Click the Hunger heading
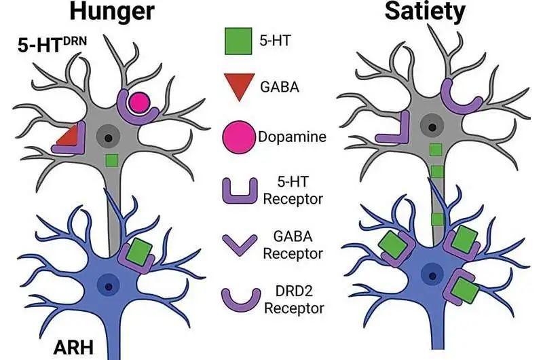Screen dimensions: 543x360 point(112,12)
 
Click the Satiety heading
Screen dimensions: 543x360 point(425,12)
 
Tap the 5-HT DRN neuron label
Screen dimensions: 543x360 point(52,45)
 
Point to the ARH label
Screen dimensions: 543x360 point(73,347)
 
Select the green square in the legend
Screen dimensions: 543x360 point(238,41)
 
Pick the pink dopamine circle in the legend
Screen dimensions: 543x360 point(239,137)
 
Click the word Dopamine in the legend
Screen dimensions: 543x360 point(292,137)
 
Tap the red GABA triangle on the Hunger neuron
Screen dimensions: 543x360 point(69,136)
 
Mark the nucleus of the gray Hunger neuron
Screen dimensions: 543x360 point(109,138)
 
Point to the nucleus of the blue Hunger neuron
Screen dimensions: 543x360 point(109,287)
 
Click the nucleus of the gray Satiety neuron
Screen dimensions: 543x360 point(432,127)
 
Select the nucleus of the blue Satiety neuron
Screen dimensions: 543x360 point(432,276)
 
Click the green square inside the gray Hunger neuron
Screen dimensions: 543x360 point(112,160)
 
